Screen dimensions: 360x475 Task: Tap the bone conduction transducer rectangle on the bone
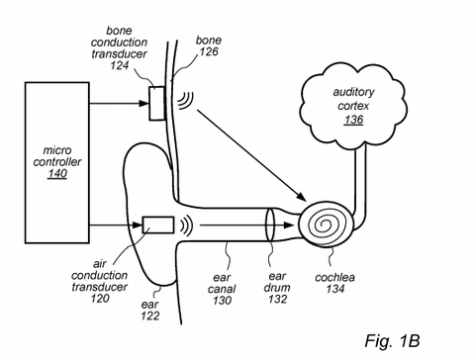tap(157, 102)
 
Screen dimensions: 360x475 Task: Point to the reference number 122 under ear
tap(150, 317)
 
